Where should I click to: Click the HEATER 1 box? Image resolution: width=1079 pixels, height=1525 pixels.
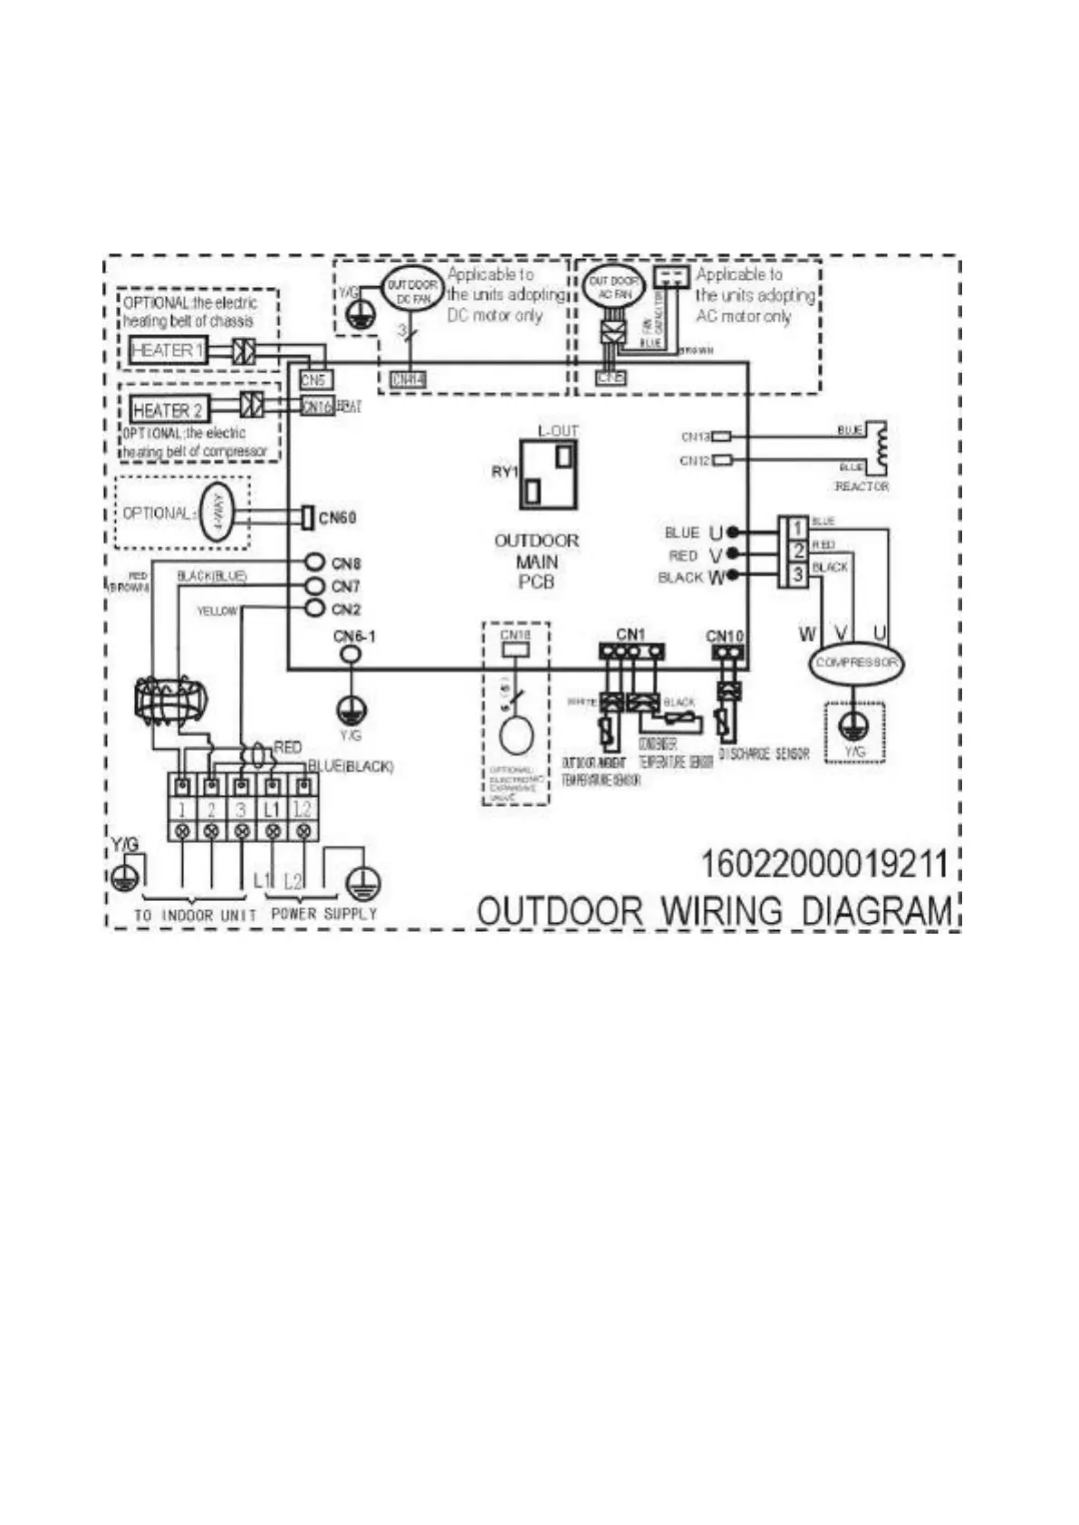click(x=168, y=350)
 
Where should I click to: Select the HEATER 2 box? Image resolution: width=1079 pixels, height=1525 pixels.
click(x=168, y=410)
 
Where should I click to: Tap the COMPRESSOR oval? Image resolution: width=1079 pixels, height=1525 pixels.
click(x=855, y=662)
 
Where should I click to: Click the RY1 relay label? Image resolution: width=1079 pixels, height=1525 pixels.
click(x=505, y=472)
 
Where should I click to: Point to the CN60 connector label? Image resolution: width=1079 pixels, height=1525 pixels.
click(x=338, y=518)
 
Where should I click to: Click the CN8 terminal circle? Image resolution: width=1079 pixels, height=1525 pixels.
click(x=314, y=562)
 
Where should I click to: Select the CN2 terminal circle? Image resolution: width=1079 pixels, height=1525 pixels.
click(x=314, y=609)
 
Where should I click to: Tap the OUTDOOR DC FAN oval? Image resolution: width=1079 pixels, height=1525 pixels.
click(x=412, y=290)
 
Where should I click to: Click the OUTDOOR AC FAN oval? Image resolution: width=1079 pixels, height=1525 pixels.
click(x=613, y=287)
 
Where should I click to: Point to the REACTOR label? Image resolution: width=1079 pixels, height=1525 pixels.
click(x=862, y=487)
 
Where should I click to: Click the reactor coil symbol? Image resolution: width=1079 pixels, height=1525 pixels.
click(x=876, y=446)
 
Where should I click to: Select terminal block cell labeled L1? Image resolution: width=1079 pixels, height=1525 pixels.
click(x=272, y=809)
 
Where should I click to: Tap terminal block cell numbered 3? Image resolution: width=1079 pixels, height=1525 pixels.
click(x=241, y=809)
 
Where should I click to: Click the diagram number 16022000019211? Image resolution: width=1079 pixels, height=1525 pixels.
click(x=824, y=864)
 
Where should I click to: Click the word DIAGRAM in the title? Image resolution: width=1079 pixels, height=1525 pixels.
click(x=878, y=911)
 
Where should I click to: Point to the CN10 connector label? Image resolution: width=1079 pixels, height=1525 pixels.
click(x=725, y=637)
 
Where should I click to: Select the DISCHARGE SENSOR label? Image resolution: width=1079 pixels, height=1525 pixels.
click(x=764, y=753)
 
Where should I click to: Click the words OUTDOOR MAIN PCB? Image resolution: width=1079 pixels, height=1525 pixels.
click(x=536, y=561)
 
